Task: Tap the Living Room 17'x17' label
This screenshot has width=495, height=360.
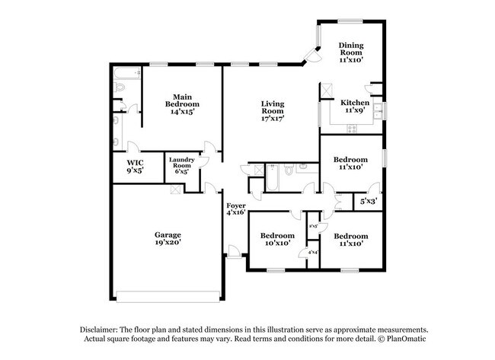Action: coord(272,111)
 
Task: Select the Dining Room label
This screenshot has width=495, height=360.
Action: coord(351,52)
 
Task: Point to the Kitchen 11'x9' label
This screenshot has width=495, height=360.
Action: coord(355,107)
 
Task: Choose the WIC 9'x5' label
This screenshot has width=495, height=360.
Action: coord(136,167)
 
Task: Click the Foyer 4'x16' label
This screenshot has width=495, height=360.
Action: coord(235,209)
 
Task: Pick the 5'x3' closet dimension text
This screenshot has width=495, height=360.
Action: coord(368,202)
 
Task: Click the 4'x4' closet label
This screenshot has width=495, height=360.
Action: coord(312,251)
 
